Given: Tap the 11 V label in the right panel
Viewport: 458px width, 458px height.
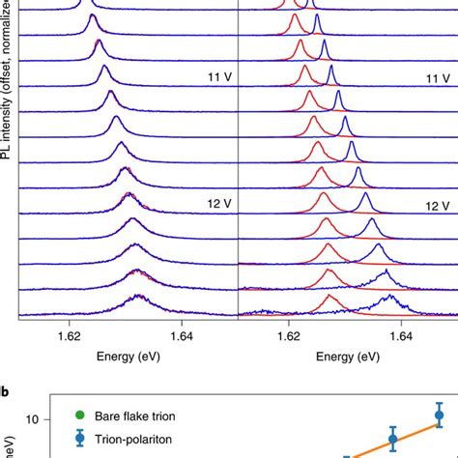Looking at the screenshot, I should (x=440, y=76).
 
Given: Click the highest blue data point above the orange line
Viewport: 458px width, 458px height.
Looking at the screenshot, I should (x=440, y=415).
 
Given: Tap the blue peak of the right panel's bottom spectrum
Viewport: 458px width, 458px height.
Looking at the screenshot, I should (x=386, y=300).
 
